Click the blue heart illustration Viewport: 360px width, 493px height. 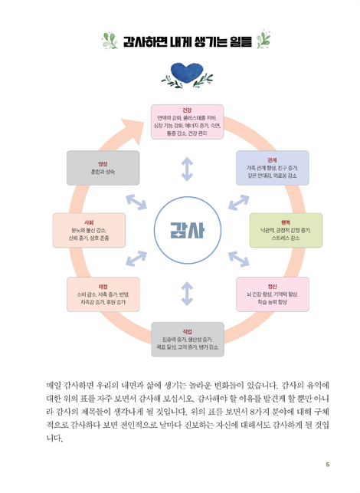(x=187, y=72)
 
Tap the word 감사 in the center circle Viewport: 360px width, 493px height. (x=188, y=231)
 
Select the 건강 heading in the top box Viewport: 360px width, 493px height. (x=187, y=110)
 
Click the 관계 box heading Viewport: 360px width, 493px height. (x=272, y=160)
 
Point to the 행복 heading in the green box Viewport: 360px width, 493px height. (x=286, y=222)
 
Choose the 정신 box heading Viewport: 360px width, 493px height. (x=273, y=287)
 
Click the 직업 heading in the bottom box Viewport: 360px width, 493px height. (x=187, y=332)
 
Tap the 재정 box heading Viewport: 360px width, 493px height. (x=103, y=287)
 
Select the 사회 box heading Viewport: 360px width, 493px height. (x=89, y=222)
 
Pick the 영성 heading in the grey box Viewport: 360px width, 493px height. (x=103, y=164)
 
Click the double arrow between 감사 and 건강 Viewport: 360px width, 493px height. (x=187, y=169)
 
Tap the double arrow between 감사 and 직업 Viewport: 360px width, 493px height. (x=187, y=294)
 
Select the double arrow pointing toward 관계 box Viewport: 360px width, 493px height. (x=239, y=202)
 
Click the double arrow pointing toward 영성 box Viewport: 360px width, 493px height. (x=136, y=202)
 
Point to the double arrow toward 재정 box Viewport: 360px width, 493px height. (x=136, y=258)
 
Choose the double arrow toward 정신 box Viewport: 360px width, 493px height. (x=239, y=259)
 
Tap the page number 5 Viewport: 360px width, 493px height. (x=328, y=465)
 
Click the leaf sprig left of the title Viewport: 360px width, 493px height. (x=110, y=41)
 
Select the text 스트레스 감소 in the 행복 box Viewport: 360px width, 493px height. (x=286, y=238)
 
